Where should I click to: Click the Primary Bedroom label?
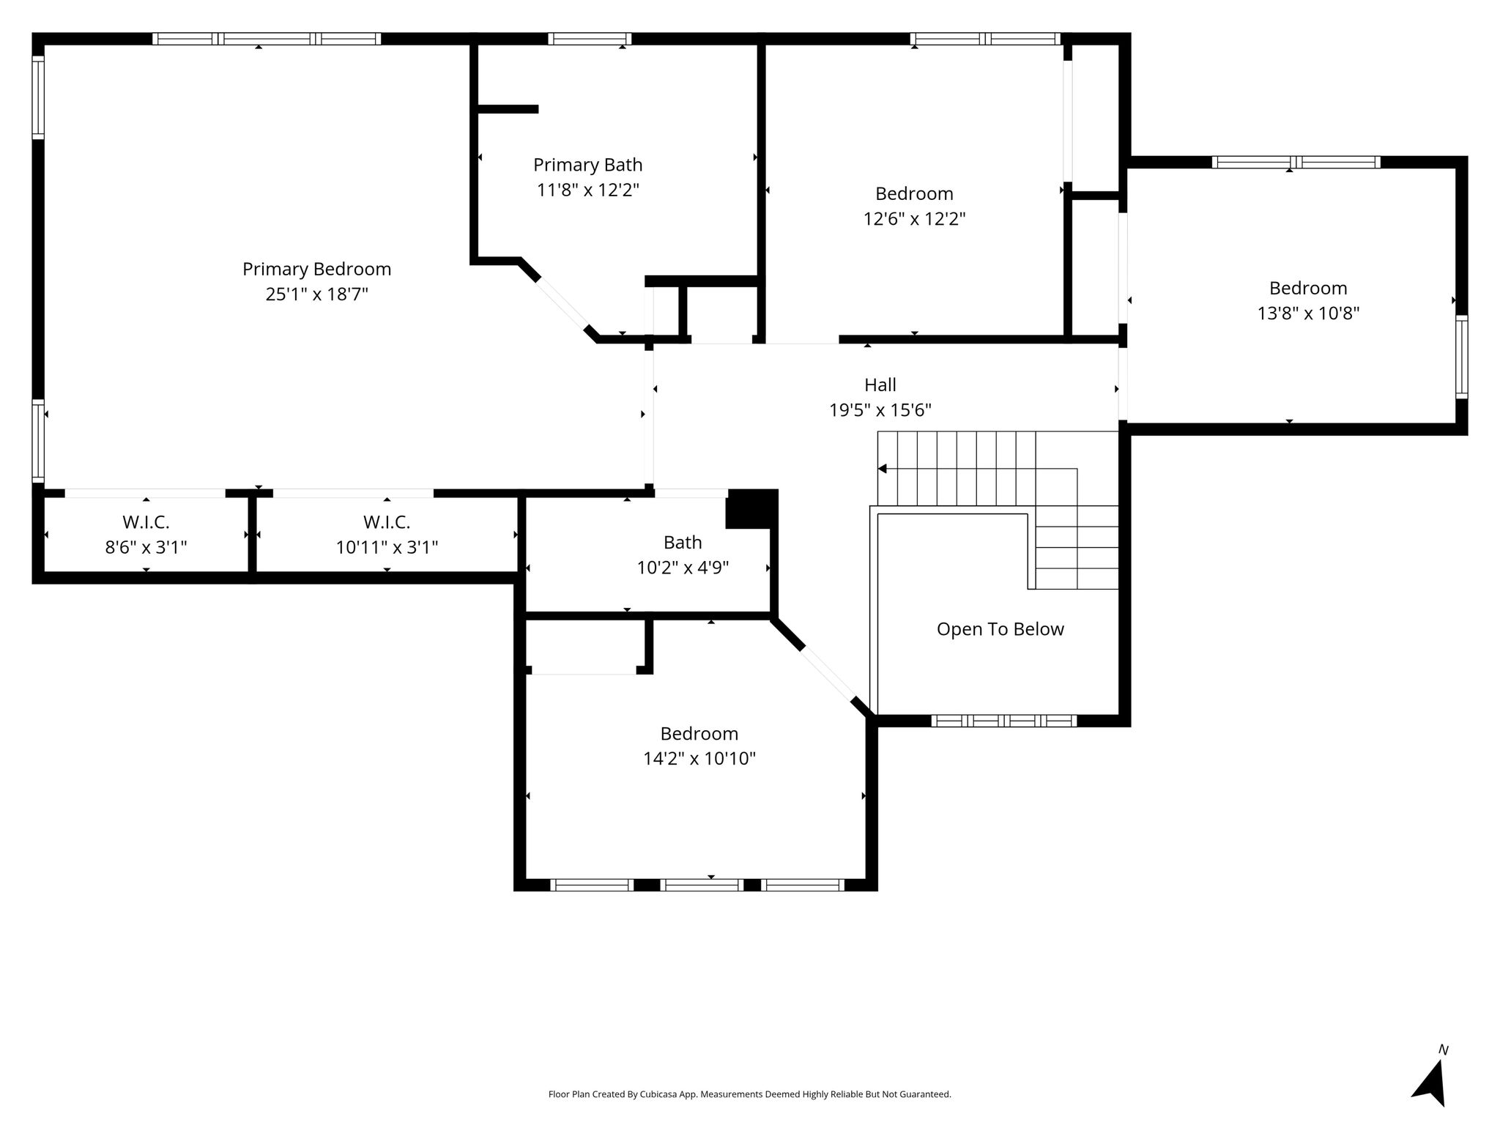pyautogui.click(x=316, y=270)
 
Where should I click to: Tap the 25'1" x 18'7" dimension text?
pyautogui.click(x=316, y=294)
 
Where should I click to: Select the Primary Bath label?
pyautogui.click(x=587, y=166)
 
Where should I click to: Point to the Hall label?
pyautogui.click(x=880, y=385)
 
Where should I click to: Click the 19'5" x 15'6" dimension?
pyautogui.click(x=880, y=410)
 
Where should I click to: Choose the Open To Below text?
pyautogui.click(x=1000, y=629)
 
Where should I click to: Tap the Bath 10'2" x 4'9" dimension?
pyautogui.click(x=683, y=568)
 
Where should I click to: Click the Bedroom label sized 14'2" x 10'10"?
pyautogui.click(x=699, y=734)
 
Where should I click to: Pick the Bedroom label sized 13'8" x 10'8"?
pyautogui.click(x=1308, y=289)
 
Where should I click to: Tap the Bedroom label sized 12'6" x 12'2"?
pyautogui.click(x=914, y=194)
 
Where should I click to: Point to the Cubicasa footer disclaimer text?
pyautogui.click(x=749, y=1094)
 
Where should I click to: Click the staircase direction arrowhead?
pyautogui.click(x=882, y=469)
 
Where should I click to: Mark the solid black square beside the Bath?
pyautogui.click(x=751, y=508)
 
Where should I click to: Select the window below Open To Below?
pyautogui.click(x=1003, y=721)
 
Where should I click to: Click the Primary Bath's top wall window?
pyautogui.click(x=590, y=39)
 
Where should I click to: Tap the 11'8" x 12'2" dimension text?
pyautogui.click(x=587, y=190)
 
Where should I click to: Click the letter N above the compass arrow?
pyautogui.click(x=1443, y=1050)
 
